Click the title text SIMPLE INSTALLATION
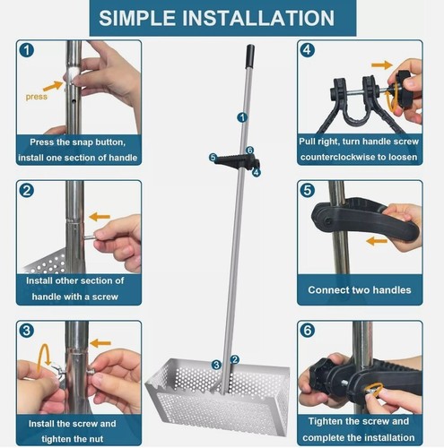point(222,18)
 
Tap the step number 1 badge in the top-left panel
point(28,50)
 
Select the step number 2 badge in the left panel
point(28,190)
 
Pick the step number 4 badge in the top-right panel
point(308,50)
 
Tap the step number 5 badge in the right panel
point(308,190)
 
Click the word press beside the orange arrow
point(37,96)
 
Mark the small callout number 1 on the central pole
point(241,117)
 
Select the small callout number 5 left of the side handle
point(213,158)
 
